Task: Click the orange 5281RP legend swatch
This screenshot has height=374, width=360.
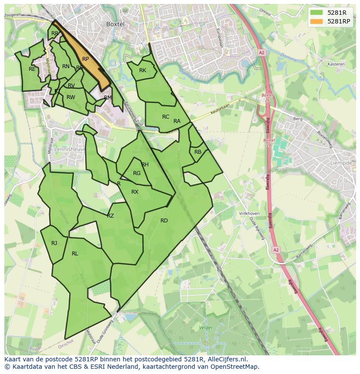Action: pos(317,21)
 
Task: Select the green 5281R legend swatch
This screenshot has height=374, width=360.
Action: pos(317,13)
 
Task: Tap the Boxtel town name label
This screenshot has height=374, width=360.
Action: pos(115,24)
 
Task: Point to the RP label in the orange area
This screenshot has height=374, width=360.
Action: pos(86,59)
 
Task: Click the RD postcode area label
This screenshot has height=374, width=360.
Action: pos(164,221)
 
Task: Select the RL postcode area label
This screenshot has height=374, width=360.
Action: pos(75,254)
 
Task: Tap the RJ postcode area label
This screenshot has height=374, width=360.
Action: pos(54,243)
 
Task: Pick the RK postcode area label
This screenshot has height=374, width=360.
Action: pos(143,70)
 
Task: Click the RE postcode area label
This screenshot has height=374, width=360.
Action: pos(32,69)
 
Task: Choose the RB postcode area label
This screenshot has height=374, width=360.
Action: pos(198,152)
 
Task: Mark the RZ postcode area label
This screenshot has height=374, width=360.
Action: pos(110,216)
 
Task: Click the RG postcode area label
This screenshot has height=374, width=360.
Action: pos(137,173)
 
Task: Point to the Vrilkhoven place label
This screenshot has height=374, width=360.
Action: pos(249,214)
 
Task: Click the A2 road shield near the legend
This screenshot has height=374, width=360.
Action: pos(261,52)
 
